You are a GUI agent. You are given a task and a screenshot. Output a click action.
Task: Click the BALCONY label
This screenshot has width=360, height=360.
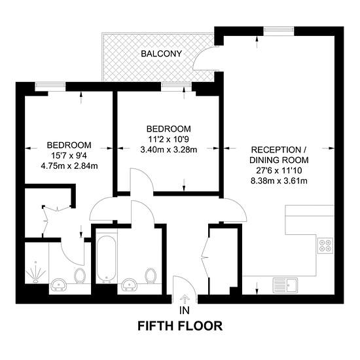click(x=162, y=54)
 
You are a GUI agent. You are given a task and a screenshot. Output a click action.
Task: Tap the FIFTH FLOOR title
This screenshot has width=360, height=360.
click(x=180, y=326)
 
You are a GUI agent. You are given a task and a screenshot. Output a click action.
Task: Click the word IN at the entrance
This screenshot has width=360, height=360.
click(x=185, y=310)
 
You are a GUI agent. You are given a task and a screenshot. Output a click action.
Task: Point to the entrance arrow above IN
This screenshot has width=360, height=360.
click(x=185, y=298)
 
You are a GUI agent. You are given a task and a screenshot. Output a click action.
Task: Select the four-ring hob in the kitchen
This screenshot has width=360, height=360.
click(x=325, y=245)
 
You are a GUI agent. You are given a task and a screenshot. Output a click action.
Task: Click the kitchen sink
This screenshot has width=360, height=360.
click(x=285, y=285)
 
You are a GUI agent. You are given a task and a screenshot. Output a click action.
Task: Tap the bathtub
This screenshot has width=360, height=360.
click(x=106, y=259)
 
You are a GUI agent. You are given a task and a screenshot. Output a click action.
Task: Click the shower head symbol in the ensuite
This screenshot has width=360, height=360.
click(x=35, y=272)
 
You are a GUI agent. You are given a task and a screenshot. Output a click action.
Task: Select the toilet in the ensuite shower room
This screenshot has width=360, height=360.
click(x=80, y=276)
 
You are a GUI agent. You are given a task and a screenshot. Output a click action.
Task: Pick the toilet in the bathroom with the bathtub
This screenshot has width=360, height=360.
click(x=151, y=276)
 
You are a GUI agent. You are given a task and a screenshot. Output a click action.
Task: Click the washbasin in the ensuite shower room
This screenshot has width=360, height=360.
click(x=59, y=284)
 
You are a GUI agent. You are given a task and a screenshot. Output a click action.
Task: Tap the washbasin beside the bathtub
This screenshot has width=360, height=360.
click(x=130, y=284)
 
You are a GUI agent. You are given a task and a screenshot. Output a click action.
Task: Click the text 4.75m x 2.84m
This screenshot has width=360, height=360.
click(x=69, y=166)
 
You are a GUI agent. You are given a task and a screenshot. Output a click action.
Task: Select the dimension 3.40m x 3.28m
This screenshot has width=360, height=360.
click(x=169, y=150)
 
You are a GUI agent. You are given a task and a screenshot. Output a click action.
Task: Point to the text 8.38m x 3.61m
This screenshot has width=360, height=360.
click(x=279, y=181)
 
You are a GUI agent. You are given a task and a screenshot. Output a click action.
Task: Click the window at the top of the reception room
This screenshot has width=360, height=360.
click(x=278, y=29)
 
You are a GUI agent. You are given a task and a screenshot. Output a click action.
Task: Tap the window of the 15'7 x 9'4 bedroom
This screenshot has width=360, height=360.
click(x=50, y=85)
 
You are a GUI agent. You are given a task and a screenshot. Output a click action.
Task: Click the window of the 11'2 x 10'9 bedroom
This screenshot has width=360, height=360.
click(x=176, y=85)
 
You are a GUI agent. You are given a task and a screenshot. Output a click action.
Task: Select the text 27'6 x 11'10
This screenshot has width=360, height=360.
click(x=279, y=171)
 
